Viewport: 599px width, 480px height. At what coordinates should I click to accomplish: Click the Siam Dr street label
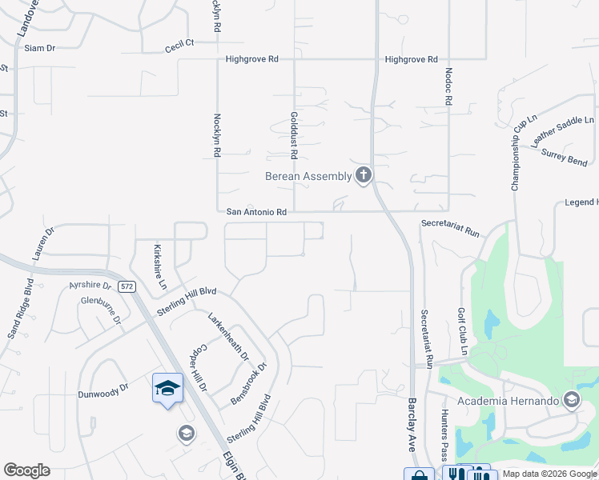click(x=39, y=48)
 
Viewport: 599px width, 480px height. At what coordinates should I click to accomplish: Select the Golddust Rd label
click(x=294, y=133)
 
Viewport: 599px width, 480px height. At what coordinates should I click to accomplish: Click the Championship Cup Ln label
click(x=524, y=151)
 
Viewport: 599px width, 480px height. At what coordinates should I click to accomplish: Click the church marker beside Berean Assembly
click(x=364, y=175)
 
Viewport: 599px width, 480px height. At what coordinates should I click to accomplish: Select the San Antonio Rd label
click(x=256, y=212)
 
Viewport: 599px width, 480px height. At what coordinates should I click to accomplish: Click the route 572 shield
click(x=126, y=286)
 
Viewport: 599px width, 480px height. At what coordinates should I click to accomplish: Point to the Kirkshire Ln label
click(x=160, y=266)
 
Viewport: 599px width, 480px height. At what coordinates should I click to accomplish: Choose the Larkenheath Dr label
click(x=229, y=336)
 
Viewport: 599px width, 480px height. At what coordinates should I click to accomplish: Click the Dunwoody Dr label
click(x=103, y=391)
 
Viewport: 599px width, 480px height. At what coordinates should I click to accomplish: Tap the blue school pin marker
click(x=168, y=389)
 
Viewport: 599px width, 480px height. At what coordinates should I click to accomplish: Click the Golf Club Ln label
click(x=462, y=331)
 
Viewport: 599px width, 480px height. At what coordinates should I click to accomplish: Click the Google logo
click(x=26, y=470)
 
